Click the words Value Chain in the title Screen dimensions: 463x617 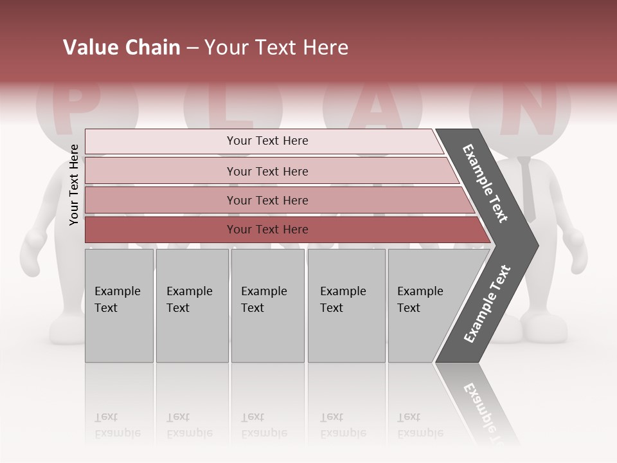tap(121, 48)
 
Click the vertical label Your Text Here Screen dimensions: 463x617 tap(74, 185)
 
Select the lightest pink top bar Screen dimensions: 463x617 tap(267, 141)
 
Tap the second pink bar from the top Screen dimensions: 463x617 tap(267, 171)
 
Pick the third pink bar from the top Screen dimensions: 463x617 tap(267, 200)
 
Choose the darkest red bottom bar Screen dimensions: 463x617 tap(267, 230)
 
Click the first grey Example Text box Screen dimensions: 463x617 tap(119, 305)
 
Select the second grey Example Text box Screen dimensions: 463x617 tap(192, 305)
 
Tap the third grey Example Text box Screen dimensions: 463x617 tap(267, 305)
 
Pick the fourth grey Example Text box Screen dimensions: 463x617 tap(346, 305)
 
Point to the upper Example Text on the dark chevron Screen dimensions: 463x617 tap(485, 183)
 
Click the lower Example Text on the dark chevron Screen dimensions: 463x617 tap(487, 304)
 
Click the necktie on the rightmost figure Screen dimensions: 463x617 tap(527, 186)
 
